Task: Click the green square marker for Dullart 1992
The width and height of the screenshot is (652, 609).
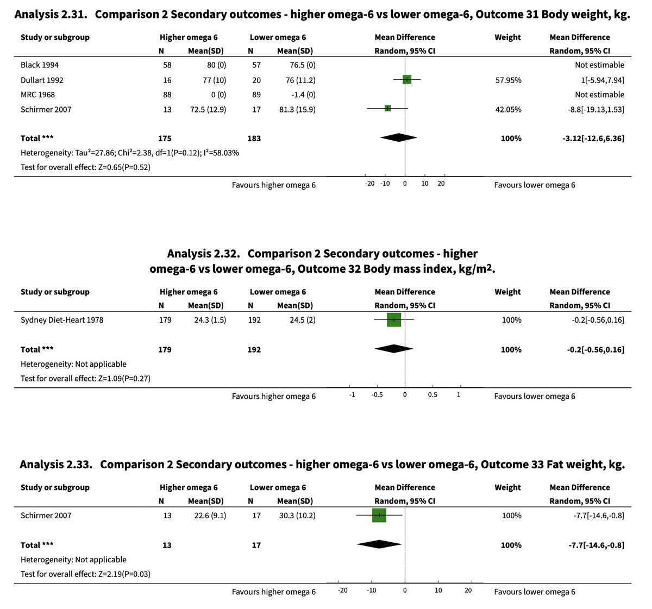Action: pos(407,79)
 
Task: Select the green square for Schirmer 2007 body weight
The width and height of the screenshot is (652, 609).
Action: pos(387,108)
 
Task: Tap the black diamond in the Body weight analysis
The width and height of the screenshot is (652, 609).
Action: pos(399,137)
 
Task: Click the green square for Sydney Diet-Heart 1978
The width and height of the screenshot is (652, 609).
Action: pos(394,320)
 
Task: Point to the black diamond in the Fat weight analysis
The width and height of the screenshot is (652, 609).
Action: pos(379,544)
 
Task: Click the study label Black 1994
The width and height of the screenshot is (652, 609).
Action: pos(40,65)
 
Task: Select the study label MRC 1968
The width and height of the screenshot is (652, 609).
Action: pos(37,95)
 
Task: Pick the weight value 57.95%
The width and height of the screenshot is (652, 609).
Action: pos(508,80)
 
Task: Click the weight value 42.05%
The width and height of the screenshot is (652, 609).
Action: pos(508,109)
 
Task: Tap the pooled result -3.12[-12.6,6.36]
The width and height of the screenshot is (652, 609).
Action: pos(593,138)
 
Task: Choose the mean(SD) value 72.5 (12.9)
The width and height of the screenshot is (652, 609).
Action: pos(208,109)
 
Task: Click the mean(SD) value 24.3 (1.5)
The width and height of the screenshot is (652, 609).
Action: pos(210,320)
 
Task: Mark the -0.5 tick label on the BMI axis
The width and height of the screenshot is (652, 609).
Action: pos(377,394)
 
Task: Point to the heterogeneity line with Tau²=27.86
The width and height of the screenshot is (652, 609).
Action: pos(130,153)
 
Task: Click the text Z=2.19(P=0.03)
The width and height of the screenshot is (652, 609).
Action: pos(124,574)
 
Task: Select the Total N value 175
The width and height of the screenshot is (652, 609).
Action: pos(165,138)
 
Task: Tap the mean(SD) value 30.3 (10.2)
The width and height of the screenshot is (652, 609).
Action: pos(297,516)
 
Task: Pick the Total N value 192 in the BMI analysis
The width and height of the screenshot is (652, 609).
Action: pos(254,349)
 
